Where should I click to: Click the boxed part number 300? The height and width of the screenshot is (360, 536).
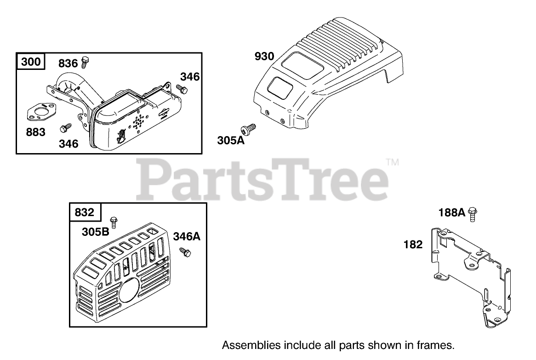tap(31, 62)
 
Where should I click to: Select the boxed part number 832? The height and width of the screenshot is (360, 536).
tap(84, 212)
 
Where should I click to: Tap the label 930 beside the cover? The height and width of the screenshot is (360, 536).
tap(264, 57)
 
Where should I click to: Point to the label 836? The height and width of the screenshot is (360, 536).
tap(68, 63)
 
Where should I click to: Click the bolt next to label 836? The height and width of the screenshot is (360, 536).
tap(85, 61)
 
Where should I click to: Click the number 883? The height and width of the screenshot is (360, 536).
tap(36, 132)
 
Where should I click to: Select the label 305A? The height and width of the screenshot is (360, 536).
tap(231, 140)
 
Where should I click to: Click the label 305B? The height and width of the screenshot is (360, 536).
tap(96, 232)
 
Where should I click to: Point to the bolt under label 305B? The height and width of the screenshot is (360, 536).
tap(113, 223)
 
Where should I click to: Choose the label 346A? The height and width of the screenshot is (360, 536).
tap(187, 237)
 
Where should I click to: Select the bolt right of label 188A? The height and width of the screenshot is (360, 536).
tap(472, 214)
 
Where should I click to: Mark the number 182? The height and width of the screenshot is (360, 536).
tap(413, 245)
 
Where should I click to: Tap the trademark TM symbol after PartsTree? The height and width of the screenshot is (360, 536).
tap(392, 162)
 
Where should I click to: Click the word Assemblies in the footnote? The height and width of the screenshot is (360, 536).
tap(245, 345)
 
